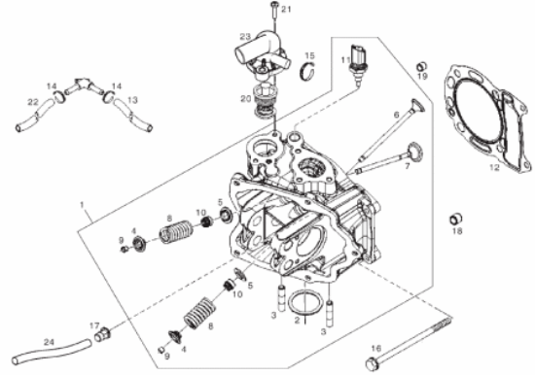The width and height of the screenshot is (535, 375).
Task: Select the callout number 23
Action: click(x=245, y=37)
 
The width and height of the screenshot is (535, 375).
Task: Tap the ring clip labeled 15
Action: click(x=307, y=71)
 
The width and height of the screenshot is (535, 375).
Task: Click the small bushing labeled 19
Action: click(x=422, y=66)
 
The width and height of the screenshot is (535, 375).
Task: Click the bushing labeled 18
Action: click(x=456, y=219)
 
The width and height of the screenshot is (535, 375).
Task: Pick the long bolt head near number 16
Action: click(x=373, y=363)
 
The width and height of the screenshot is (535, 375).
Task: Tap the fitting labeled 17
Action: click(x=103, y=334)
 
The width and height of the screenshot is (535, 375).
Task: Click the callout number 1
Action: click(x=82, y=205)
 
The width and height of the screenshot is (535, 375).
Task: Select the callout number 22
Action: click(x=33, y=102)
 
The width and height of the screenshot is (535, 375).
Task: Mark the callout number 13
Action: click(x=132, y=100)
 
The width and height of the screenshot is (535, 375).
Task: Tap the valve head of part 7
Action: click(x=414, y=152)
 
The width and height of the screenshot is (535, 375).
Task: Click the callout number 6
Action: click(x=396, y=115)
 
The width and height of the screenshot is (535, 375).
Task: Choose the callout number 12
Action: click(x=494, y=168)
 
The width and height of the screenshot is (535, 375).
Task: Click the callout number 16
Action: click(x=375, y=349)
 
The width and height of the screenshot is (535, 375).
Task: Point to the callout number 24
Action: click(x=50, y=342)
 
